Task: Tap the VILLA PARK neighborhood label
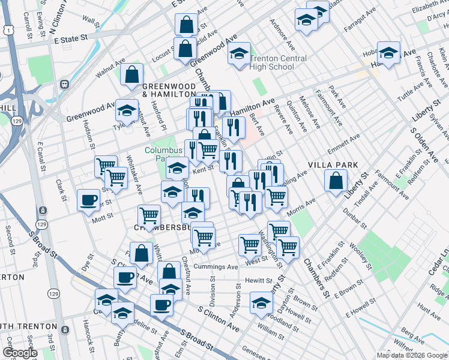pos(333,165)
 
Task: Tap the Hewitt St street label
pos(259,280)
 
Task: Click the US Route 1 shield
pos(6,29)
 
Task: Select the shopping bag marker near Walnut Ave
pos(132,75)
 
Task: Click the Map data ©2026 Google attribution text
pos(412,355)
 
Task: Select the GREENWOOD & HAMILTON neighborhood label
pos(169,91)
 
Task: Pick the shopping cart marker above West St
pos(250,244)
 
